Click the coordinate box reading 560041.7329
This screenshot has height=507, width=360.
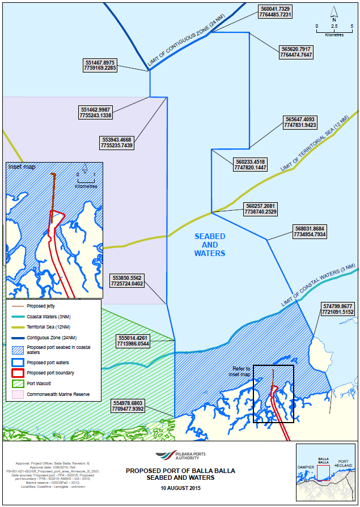[276, 12]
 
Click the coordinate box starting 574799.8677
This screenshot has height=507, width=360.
[338, 309]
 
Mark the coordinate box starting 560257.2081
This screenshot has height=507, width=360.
[262, 208]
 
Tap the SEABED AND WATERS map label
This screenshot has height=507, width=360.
[209, 244]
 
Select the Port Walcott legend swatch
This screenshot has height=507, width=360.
[18, 384]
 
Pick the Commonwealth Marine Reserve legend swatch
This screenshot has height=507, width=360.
[18, 394]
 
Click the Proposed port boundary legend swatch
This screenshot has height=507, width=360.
[18, 373]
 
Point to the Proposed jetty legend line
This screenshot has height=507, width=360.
[18, 305]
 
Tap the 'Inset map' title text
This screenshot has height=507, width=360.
[22, 167]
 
